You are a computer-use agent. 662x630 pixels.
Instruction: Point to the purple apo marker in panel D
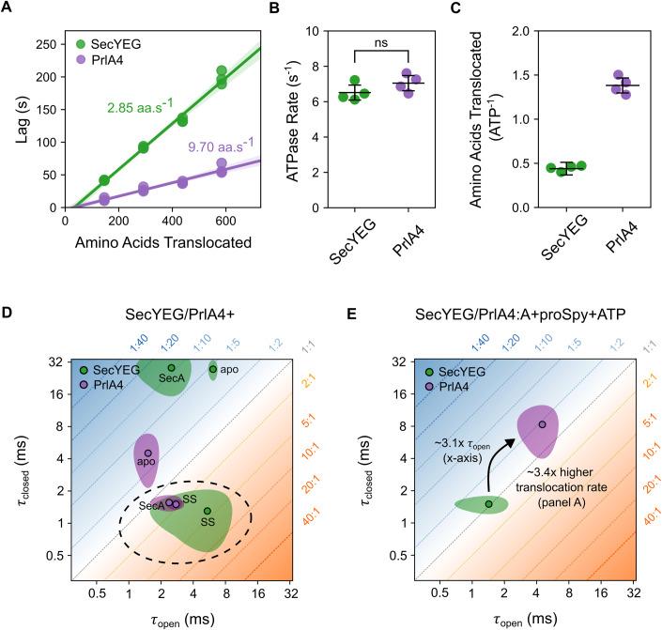pyautogui.click(x=147, y=453)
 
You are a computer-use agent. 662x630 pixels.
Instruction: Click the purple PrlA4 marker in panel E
pyautogui.click(x=543, y=425)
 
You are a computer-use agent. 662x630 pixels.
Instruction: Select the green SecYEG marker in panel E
pyautogui.click(x=489, y=504)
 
